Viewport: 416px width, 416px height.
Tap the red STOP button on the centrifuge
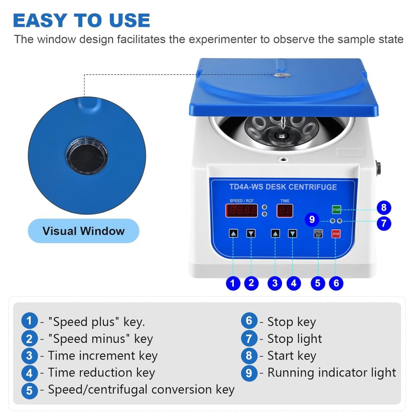[x=336, y=234]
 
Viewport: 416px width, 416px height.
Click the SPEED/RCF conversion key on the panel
[x=318, y=234]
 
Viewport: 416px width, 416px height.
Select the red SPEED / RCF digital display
[x=242, y=210]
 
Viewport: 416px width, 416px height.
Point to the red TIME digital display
[x=285, y=210]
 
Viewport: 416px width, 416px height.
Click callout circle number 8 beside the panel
[x=384, y=207]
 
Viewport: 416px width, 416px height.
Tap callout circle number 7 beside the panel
[x=384, y=223]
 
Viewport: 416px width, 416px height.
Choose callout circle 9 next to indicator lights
[x=312, y=219]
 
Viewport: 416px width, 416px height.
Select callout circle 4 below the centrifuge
[x=294, y=284]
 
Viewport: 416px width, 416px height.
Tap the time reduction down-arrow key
[x=293, y=234]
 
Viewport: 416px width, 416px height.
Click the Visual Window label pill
[x=84, y=231]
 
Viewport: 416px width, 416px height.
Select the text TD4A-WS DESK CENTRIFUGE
[x=283, y=187]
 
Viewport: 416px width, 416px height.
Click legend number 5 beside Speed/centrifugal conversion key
[x=30, y=390]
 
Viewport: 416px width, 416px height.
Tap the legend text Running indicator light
[x=332, y=373]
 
